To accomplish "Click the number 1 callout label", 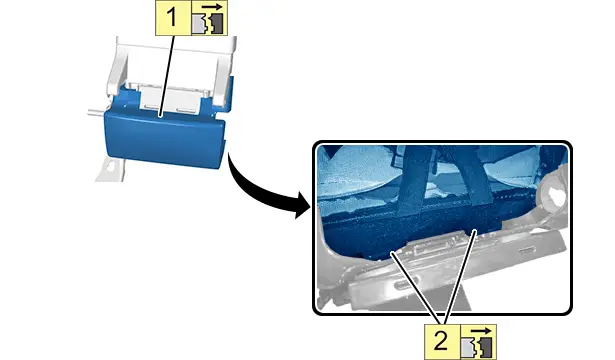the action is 173,18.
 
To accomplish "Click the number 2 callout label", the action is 442,341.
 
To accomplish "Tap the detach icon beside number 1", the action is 209,18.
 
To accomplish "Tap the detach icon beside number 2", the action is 478,341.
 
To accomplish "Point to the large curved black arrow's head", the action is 302,205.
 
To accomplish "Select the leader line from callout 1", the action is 167,76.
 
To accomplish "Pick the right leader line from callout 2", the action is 460,277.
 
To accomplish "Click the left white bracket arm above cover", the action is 117,69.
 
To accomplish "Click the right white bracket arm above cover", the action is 224,75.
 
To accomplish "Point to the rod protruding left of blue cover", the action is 96,114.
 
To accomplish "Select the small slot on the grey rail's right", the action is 527,249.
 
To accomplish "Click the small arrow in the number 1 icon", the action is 212,7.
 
